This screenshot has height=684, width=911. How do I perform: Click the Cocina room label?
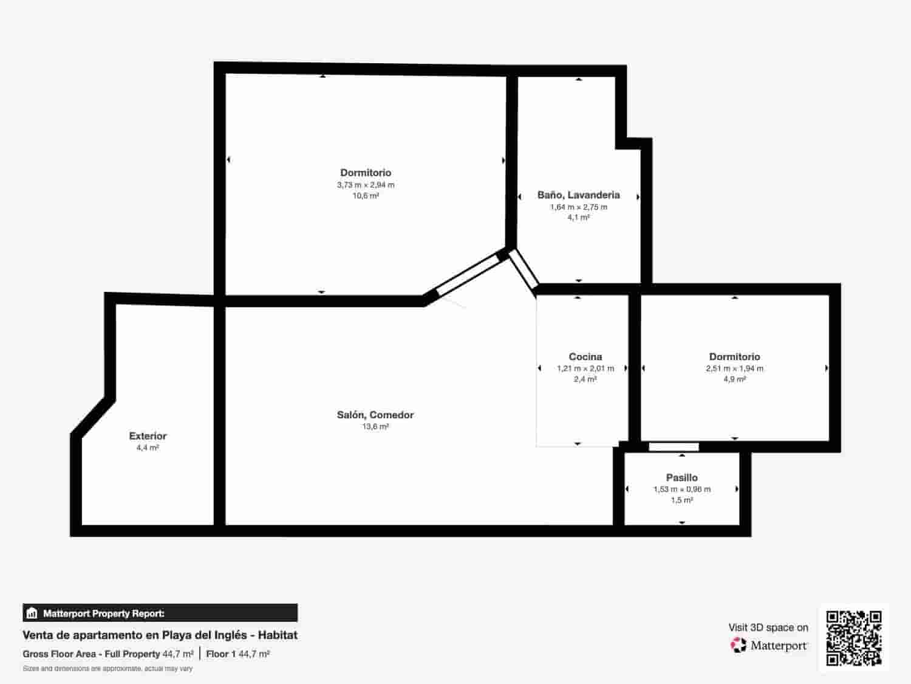585,357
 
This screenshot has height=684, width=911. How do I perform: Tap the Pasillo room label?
681,478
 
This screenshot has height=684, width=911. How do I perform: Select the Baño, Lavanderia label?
579,195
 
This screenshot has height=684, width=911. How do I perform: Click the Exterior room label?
148,436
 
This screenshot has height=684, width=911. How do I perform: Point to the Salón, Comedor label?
375,415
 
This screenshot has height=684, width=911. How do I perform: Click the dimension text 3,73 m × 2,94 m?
366,185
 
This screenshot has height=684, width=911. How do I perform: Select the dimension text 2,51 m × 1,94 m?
735,368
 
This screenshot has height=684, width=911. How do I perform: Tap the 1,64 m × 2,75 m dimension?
579,207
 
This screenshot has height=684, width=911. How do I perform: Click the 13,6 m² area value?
375,427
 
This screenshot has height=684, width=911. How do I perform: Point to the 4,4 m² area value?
148,447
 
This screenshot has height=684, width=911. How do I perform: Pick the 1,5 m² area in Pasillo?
682,500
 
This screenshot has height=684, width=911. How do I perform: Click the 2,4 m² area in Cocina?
585,379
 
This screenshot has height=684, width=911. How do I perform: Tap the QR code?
854,638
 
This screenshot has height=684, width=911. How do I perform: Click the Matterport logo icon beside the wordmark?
739,645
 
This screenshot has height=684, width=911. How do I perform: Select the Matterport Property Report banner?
160,613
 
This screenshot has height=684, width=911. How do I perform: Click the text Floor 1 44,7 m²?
238,654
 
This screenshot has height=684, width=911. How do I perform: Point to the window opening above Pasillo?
674,447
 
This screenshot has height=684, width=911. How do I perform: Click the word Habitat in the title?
278,635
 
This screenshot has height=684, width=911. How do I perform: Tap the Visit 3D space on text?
768,627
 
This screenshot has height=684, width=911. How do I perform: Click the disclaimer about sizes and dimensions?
107,669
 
